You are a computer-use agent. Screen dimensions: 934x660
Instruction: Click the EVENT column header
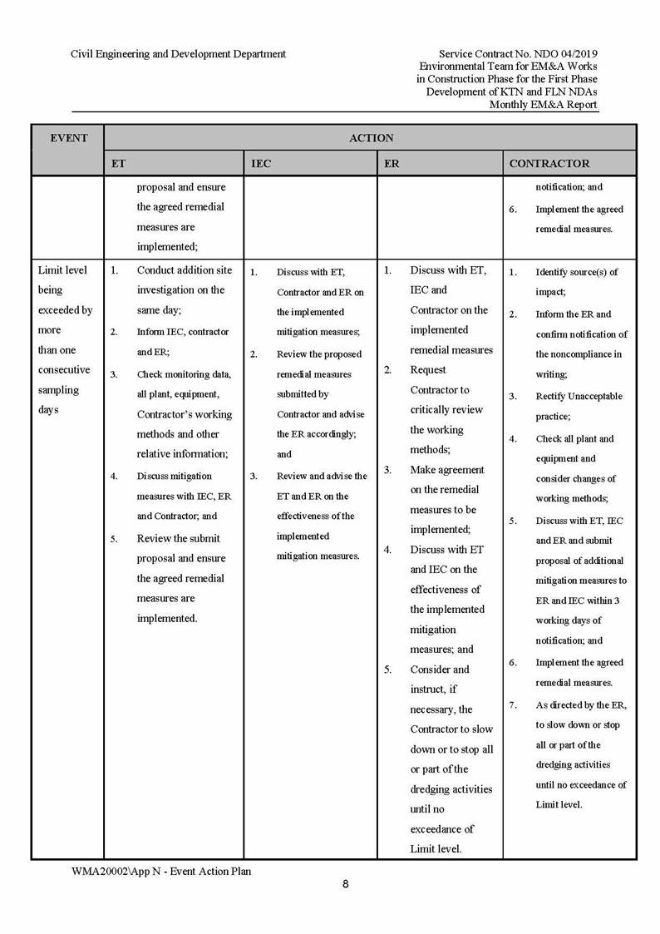[x=68, y=138]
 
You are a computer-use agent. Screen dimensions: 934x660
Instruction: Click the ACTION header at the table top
[x=371, y=138]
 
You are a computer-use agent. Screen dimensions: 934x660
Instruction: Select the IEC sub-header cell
[x=261, y=164]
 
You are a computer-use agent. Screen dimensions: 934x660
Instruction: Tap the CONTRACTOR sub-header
[x=549, y=164]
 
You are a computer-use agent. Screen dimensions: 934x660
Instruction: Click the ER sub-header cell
[x=392, y=164]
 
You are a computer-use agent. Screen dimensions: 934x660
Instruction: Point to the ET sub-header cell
[x=118, y=164]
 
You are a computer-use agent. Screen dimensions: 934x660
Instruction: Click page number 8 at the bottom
[x=345, y=884]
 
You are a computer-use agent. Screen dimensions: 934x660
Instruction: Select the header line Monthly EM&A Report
[x=543, y=105]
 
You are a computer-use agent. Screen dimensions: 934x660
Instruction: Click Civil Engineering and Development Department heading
[x=178, y=54]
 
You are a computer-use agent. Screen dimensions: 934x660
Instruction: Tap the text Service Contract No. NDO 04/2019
[x=517, y=54]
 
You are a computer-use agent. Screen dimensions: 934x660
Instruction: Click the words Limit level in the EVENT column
[x=62, y=270]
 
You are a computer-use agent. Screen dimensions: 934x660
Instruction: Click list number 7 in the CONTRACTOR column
[x=514, y=704]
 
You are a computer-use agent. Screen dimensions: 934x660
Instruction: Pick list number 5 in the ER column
[x=387, y=670]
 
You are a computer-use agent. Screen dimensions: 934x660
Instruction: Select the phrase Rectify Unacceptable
[x=579, y=396]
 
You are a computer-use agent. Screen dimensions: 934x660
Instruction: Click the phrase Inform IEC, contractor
[x=183, y=332]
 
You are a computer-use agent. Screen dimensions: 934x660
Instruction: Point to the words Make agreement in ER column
[x=447, y=470]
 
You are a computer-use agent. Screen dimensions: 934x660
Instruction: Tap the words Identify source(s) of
[x=576, y=272]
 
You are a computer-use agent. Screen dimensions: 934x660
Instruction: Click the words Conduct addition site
[x=185, y=270]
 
